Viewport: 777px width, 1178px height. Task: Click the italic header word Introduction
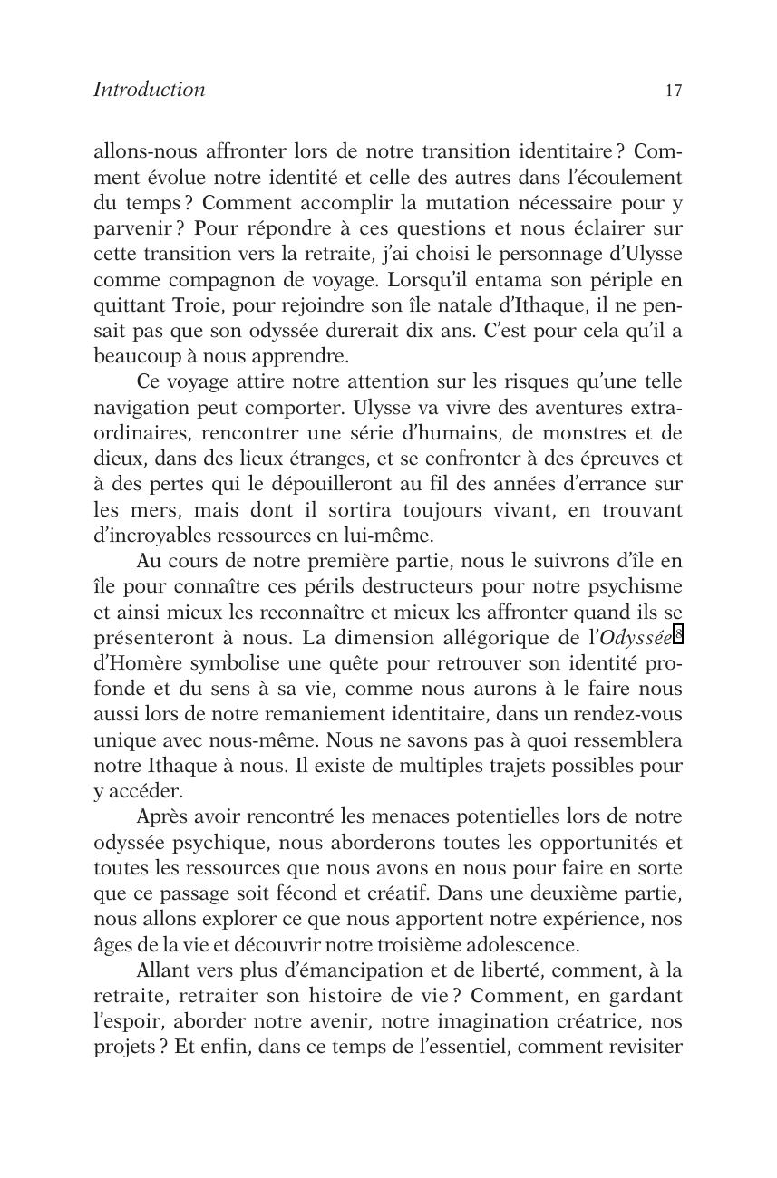(149, 90)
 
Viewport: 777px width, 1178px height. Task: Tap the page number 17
(673, 91)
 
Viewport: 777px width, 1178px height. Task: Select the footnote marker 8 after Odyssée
(677, 633)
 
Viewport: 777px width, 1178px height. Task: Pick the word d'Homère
(134, 662)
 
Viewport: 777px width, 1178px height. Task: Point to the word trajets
(484, 766)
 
